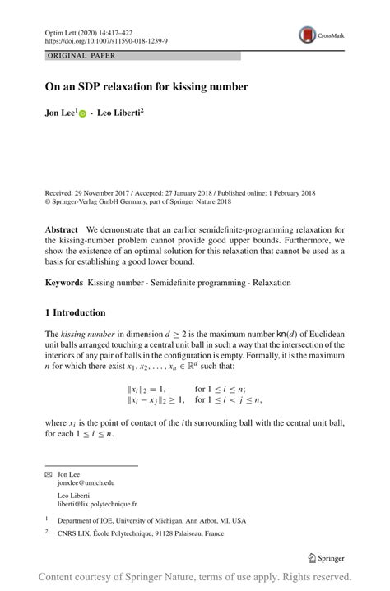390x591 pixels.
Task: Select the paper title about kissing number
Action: pyautogui.click(x=146, y=85)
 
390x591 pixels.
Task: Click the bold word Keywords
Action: pyautogui.click(x=63, y=282)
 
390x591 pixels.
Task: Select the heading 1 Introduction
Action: pyautogui.click(x=75, y=313)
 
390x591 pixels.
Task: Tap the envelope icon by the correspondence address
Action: pyautogui.click(x=48, y=474)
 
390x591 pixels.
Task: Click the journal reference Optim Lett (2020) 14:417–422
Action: pyautogui.click(x=91, y=30)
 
